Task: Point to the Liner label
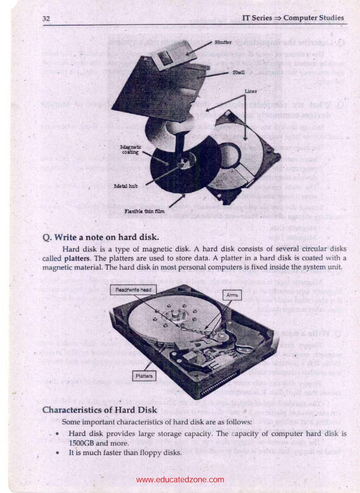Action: tap(251, 91)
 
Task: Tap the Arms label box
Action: tap(231, 295)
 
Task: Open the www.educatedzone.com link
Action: tap(180, 480)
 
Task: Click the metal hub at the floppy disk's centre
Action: tap(183, 164)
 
